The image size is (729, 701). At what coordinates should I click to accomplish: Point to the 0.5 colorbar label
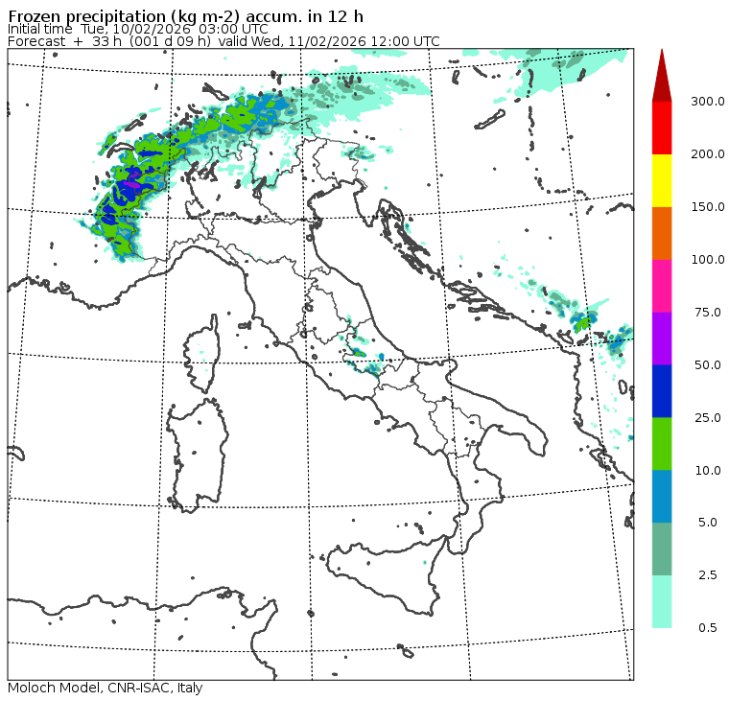pos(707,628)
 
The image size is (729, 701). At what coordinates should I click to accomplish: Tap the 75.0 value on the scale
pos(708,313)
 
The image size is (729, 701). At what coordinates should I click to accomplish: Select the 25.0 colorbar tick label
pos(708,417)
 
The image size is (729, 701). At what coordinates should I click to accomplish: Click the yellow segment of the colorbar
pos(662,180)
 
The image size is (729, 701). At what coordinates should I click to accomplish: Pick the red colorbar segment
pos(662,128)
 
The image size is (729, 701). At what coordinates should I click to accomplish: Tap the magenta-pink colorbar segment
pos(662,286)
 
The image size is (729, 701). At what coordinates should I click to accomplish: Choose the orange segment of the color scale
pos(662,233)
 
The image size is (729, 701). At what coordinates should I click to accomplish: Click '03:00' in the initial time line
pos(206,29)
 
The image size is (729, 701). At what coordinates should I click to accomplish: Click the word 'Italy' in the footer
pos(188,689)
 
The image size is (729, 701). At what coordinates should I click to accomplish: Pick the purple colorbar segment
pos(662,339)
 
